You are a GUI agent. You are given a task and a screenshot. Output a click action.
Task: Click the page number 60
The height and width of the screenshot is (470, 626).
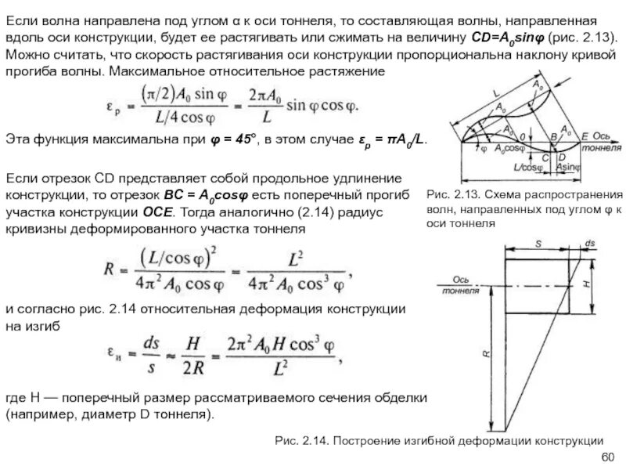click(606, 457)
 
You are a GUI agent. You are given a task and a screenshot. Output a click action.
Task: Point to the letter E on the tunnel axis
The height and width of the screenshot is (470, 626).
click(584, 136)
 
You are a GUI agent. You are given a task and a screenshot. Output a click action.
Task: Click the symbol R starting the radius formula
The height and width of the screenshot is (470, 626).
click(109, 267)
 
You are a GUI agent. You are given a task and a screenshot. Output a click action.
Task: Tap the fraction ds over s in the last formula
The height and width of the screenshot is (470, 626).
click(146, 350)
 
